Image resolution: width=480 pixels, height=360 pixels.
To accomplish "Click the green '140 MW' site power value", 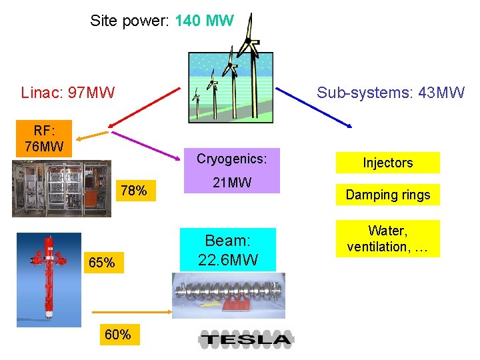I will (204, 21).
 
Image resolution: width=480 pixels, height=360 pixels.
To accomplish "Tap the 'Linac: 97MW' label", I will (67, 92).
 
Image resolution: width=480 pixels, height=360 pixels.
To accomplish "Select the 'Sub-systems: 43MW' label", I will (391, 92).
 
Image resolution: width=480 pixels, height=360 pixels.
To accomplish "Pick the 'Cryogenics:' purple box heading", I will (231, 159).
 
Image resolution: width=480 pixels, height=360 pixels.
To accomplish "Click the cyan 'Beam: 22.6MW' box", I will (227, 249).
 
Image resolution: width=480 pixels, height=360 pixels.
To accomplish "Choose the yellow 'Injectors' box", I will (387, 163).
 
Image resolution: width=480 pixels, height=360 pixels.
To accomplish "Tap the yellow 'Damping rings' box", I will (387, 195).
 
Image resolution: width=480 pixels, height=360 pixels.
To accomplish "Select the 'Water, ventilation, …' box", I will (387, 239).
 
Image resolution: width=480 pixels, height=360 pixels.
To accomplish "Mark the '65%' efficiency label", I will (101, 263).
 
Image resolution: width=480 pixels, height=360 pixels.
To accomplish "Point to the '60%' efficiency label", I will (117, 335).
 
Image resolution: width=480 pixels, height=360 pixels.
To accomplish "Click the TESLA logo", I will (246, 340).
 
